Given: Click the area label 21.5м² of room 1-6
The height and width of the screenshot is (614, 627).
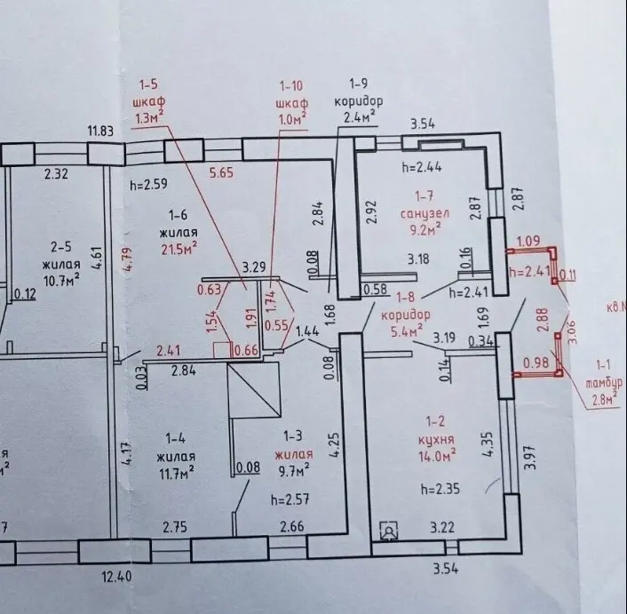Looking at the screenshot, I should pos(178,250).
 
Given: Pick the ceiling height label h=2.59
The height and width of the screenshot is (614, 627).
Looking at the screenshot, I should pos(148,186).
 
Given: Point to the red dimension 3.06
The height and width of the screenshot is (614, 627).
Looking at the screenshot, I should pos(571,329).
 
